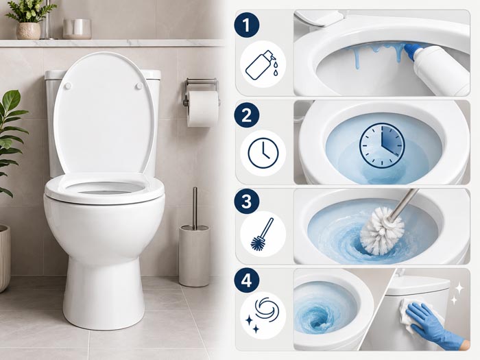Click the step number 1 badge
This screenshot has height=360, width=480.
[247, 25]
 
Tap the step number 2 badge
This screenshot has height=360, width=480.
[247, 115]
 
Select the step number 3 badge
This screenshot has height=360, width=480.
[247, 202]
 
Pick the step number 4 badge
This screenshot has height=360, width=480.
[247, 280]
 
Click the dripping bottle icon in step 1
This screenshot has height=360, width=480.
[263, 65]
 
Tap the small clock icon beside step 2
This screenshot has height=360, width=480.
[263, 153]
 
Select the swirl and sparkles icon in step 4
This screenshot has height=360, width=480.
[263, 315]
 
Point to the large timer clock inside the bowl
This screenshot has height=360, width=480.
[382, 145]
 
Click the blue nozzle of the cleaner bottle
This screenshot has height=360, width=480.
[415, 51]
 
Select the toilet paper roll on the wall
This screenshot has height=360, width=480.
[203, 108]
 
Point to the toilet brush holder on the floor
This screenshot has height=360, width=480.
[194, 255]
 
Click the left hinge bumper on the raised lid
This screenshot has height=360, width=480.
[68, 86]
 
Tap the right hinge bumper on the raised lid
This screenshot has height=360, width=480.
[139, 86]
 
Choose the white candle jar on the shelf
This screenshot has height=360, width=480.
[77, 29]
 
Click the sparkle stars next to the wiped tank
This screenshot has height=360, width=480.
[457, 293]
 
